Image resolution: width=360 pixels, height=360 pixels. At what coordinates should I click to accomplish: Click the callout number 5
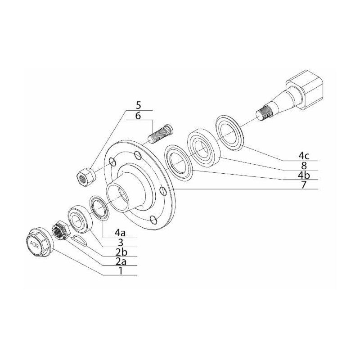point(139,105)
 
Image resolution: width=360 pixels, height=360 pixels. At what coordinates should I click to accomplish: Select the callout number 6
point(138,116)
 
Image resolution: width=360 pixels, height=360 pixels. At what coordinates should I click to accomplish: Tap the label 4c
point(304,156)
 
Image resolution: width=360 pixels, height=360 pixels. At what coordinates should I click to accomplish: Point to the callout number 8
point(304,165)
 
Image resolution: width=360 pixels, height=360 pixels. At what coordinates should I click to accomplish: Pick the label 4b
point(304,175)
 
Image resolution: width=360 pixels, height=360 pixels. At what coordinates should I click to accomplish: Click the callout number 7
point(304,184)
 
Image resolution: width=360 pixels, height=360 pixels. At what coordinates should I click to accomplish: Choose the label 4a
point(120,233)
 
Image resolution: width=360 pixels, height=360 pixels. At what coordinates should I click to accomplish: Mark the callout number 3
point(120,243)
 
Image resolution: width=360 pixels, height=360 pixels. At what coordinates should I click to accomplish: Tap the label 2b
point(121,252)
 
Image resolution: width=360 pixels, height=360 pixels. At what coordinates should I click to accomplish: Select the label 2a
point(121,261)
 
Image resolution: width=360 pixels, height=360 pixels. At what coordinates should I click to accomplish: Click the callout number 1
point(120,271)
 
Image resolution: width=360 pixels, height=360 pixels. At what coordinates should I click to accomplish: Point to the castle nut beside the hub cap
point(60,230)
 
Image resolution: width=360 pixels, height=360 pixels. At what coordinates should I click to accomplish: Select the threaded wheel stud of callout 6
point(160,133)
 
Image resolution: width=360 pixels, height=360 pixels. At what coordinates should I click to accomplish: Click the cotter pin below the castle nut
point(79,240)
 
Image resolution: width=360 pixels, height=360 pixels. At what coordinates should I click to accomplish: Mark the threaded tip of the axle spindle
point(264,113)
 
